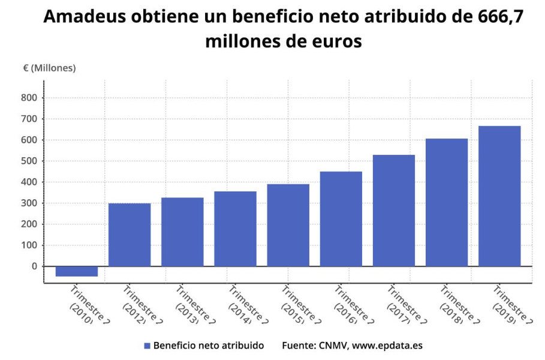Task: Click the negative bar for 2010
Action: [76, 271]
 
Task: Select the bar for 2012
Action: [130, 235]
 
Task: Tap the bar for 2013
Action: [182, 232]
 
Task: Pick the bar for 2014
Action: [235, 229]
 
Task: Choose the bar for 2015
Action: [288, 225]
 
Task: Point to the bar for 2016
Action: [341, 219]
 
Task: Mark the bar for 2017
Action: [393, 211]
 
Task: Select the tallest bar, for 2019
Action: [499, 196]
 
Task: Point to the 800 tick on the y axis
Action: [29, 98]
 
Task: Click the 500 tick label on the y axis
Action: [29, 161]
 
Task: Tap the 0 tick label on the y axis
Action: [34, 266]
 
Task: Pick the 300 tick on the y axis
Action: [29, 203]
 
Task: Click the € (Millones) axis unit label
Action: [49, 68]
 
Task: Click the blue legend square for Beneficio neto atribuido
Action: [147, 346]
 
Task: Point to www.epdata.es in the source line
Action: [387, 346]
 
